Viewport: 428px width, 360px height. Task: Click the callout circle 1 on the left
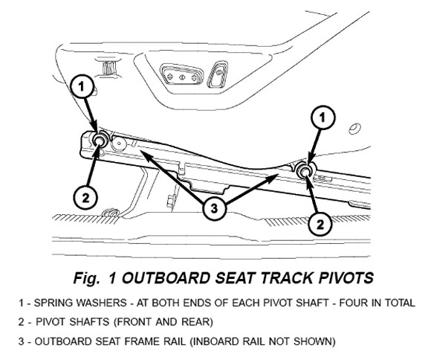point(81,86)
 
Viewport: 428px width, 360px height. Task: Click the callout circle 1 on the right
point(322,118)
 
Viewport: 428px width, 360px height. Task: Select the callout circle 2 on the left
point(85,198)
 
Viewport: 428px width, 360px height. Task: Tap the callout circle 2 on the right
point(320,224)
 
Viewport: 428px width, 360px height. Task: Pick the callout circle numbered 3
point(214,209)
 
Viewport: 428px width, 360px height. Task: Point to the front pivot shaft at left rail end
point(99,141)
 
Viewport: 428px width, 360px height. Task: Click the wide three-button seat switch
point(181,75)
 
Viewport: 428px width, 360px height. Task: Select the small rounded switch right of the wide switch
point(218,74)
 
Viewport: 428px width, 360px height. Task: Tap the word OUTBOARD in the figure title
point(166,278)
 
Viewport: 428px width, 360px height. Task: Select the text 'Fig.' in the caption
point(86,279)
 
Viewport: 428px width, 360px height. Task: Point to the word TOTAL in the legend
point(401,303)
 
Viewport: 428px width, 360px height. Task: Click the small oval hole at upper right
point(355,129)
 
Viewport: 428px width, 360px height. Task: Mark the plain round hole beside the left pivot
point(120,144)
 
